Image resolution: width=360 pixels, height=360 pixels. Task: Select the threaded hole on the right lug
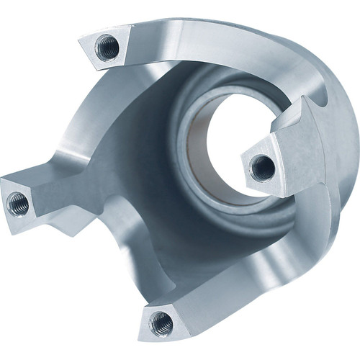(262, 168)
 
